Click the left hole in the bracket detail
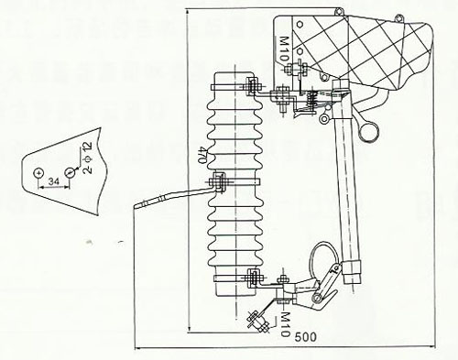[x=38, y=170]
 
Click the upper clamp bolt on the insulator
[x=251, y=88]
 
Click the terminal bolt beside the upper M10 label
[x=281, y=92]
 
